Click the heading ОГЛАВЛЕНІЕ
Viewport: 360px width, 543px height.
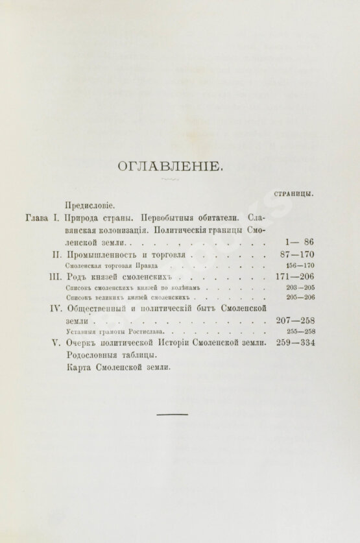coord(171,167)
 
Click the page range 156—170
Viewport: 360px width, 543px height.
coord(300,265)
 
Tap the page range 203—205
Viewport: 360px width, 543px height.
coord(300,287)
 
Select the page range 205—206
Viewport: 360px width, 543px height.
coord(300,298)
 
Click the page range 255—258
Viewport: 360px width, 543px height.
coord(300,332)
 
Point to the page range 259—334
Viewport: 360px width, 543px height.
coord(295,343)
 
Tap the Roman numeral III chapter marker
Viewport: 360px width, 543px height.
coord(54,276)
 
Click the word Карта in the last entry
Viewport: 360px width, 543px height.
coord(79,367)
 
